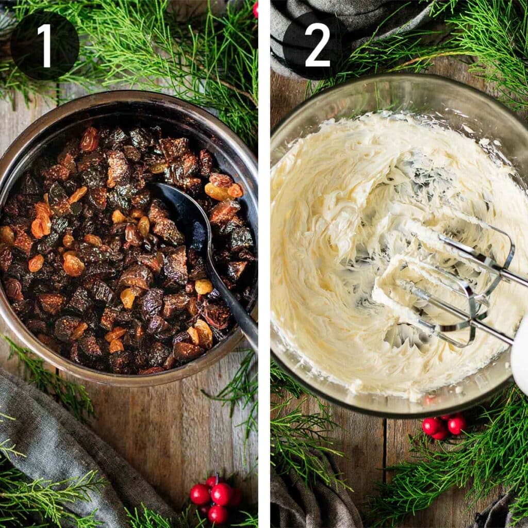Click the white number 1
[44, 45]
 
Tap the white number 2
[317, 45]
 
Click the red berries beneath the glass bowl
[443, 426]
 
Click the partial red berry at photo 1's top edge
[255, 8]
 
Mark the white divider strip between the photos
[264, 264]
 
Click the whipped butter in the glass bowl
[330, 258]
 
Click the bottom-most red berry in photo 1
[218, 514]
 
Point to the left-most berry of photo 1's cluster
[200, 494]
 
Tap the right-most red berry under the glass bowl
[456, 425]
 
